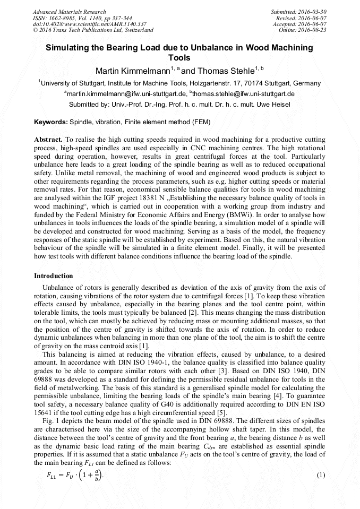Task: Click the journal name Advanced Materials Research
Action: pos(69,12)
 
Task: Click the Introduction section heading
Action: pos(54,276)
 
